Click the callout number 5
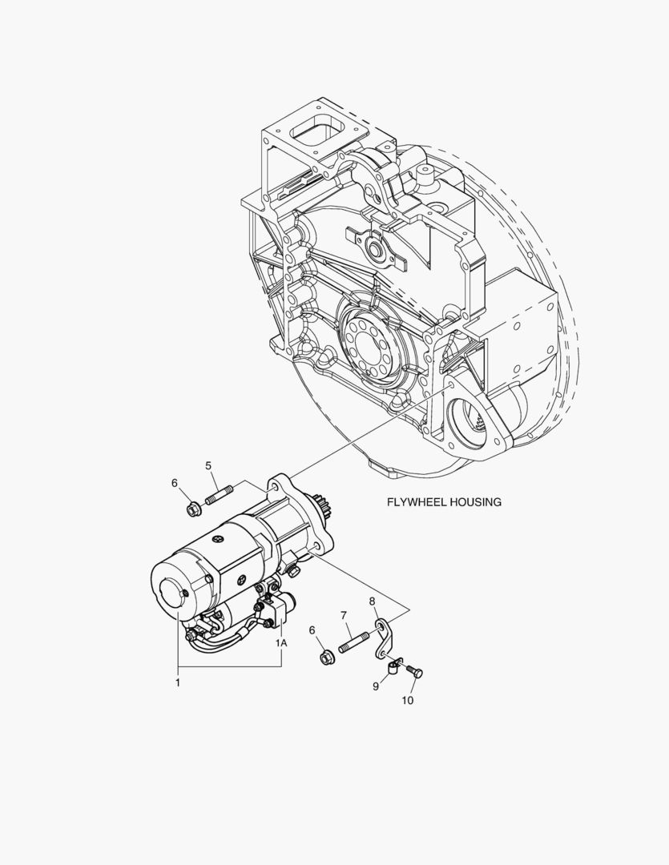[208, 465]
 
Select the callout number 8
[372, 600]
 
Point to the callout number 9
[376, 686]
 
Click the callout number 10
[407, 700]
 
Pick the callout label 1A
[281, 642]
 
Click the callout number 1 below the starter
[178, 682]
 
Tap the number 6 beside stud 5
[175, 483]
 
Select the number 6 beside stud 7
[312, 630]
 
